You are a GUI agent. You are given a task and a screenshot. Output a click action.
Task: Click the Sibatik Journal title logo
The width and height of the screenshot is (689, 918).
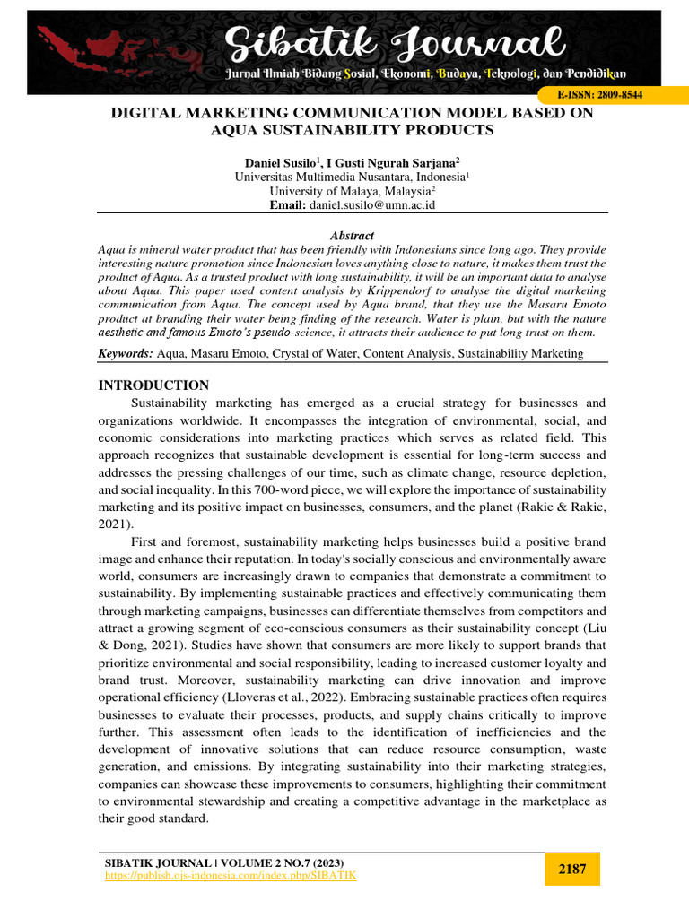coord(394,41)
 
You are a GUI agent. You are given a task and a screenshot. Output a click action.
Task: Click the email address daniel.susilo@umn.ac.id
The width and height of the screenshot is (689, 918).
coord(372,205)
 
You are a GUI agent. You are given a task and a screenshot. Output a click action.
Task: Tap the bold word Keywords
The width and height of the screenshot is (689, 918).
coord(125,354)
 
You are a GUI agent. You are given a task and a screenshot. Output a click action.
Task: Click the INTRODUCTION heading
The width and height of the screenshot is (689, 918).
coord(153,385)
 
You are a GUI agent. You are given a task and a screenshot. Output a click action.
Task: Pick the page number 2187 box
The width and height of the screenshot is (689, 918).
coord(572,869)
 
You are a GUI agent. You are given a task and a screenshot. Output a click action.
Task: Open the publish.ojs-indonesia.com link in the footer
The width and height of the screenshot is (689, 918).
coord(231,875)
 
